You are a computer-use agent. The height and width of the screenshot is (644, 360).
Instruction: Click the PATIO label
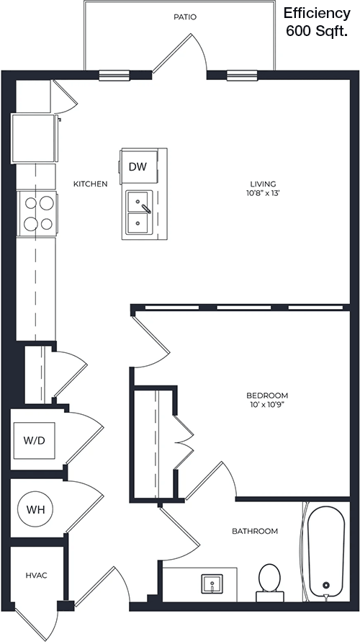185,17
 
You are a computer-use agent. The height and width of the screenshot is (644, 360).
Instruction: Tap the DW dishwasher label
138,166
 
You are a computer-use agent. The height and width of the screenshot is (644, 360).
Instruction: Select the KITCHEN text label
90,184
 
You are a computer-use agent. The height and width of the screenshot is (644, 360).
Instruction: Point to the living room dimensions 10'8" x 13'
264,193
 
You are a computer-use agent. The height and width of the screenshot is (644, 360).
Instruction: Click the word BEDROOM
267,395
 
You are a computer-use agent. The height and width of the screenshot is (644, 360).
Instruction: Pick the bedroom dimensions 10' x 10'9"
267,405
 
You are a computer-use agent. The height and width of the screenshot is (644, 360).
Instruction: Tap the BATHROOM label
255,531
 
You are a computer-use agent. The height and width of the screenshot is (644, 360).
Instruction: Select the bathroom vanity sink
212,583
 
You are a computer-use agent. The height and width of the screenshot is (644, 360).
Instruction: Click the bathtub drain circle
326,585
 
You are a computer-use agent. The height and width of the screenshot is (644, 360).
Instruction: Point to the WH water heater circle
35,510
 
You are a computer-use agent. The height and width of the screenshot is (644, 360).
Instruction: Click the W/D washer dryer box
34,441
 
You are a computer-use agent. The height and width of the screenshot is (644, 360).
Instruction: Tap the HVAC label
37,576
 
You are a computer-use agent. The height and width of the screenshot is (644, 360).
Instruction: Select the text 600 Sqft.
317,31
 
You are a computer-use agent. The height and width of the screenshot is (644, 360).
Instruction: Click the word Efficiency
317,14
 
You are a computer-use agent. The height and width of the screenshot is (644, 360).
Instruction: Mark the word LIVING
264,184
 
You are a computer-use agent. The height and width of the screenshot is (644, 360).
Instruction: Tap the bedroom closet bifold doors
183,442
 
